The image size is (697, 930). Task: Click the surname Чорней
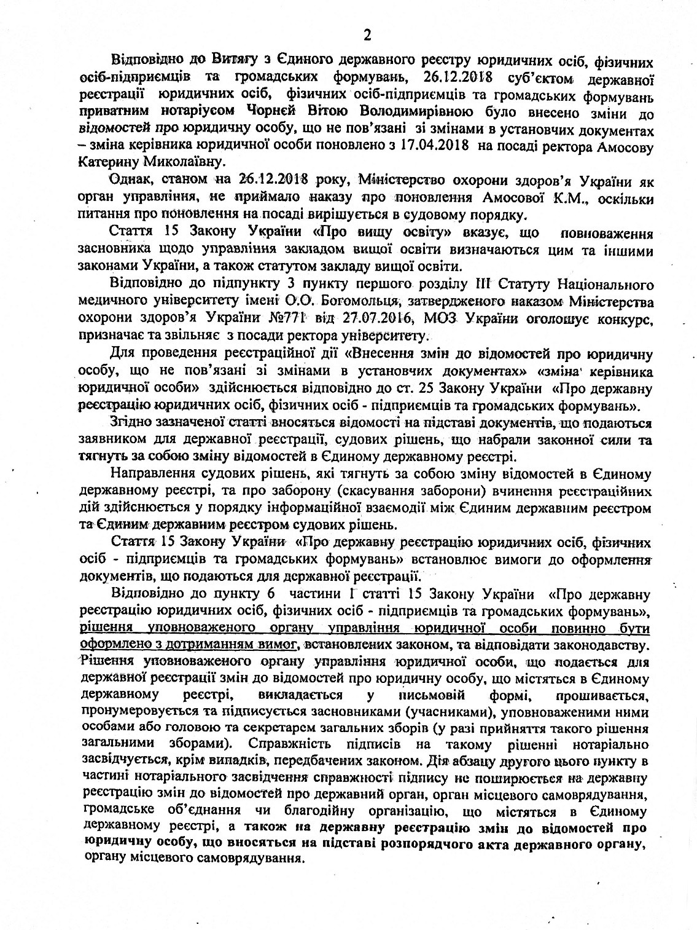249,111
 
